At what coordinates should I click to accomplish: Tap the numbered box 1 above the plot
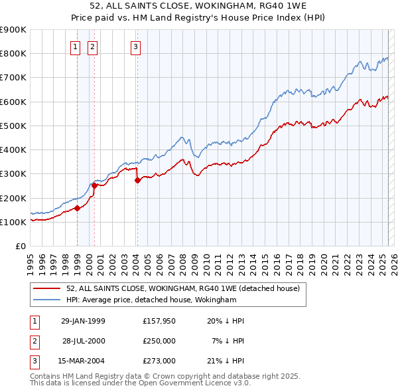pyautogui.click(x=75, y=47)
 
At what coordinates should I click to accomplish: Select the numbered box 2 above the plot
pyautogui.click(x=92, y=47)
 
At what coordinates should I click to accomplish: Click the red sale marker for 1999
pyautogui.click(x=78, y=208)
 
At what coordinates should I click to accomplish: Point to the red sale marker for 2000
pyautogui.click(x=95, y=186)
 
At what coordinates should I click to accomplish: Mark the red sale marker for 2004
pyautogui.click(x=137, y=180)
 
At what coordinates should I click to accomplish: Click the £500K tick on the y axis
pyautogui.click(x=14, y=126)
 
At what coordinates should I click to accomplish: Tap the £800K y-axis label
pyautogui.click(x=14, y=54)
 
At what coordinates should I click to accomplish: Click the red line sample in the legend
pyautogui.click(x=48, y=288)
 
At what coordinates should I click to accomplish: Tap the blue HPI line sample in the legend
pyautogui.click(x=48, y=300)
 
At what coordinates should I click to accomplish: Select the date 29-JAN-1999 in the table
pyautogui.click(x=82, y=321)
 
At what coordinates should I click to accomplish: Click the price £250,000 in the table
pyautogui.click(x=159, y=341)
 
